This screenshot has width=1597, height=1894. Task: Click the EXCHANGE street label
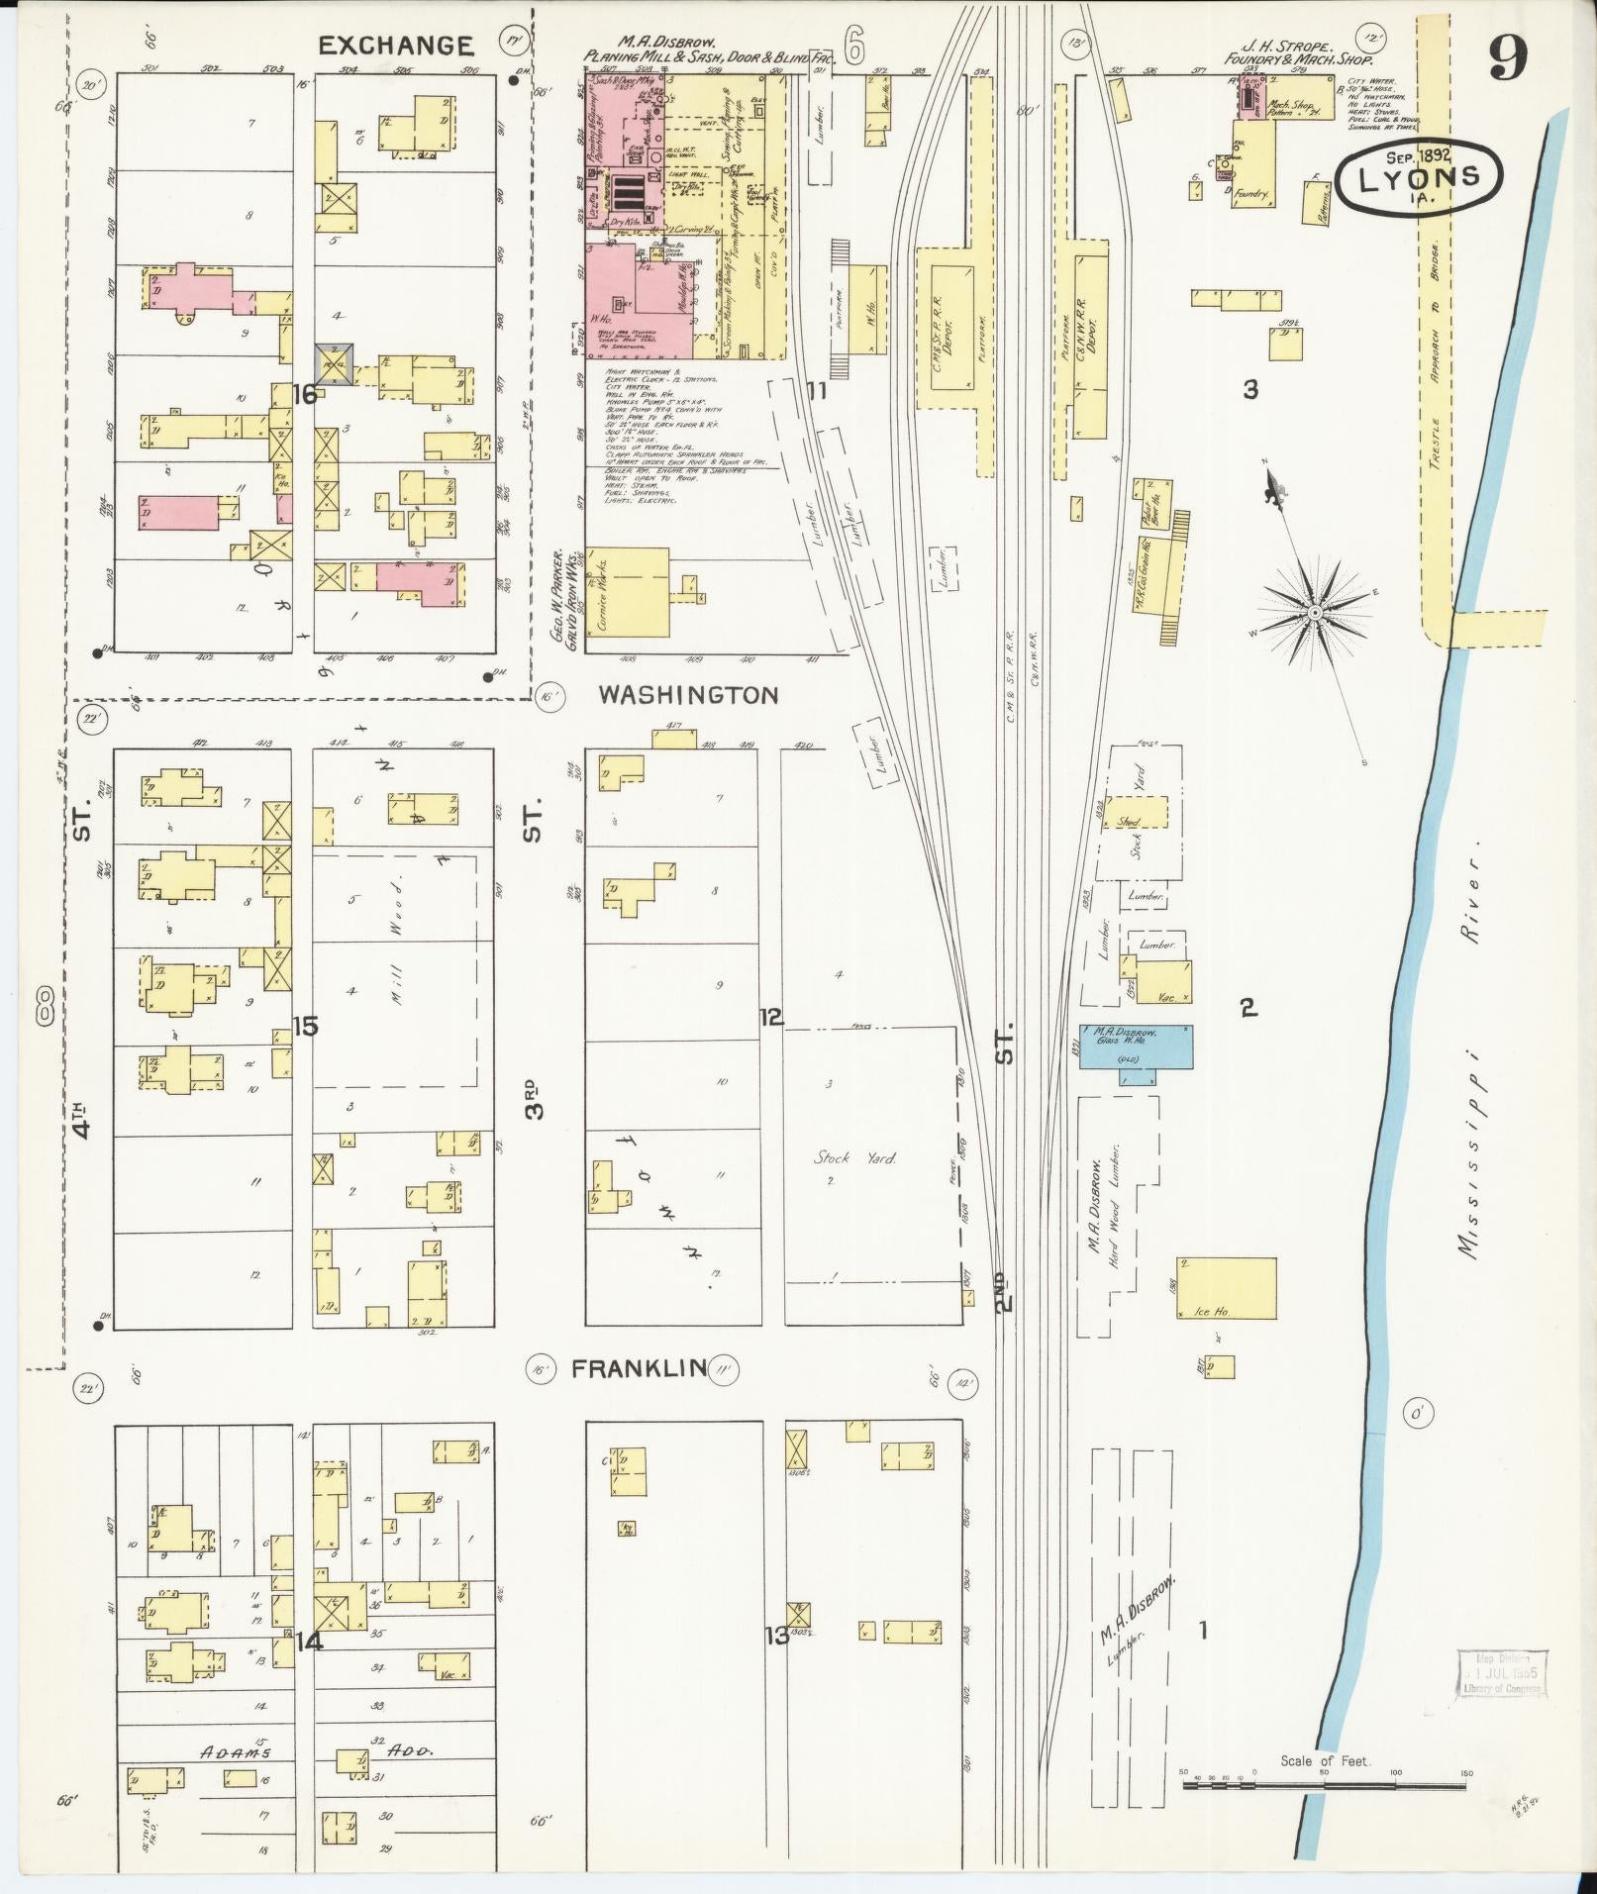395,46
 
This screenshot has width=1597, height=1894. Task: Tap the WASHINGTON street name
688,696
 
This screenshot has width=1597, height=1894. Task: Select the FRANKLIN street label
639,1369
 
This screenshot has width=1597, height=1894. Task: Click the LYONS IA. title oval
1418,178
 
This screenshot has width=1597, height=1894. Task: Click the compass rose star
1314,613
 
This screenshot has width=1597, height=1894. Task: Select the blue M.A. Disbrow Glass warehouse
1135,1047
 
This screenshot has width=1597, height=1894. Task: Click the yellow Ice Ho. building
1226,1288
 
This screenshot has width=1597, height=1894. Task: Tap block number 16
304,394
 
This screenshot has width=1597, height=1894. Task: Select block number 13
776,1636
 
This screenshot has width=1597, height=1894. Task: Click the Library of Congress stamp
1501,1673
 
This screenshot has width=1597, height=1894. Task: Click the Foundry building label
1252,194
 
